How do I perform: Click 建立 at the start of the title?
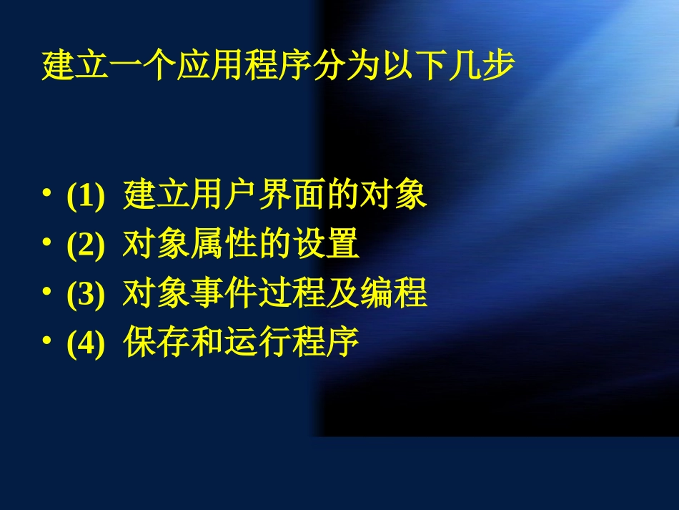(63, 67)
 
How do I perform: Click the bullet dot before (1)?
(46, 195)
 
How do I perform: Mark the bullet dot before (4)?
(46, 342)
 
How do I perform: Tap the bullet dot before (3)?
(46, 293)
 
